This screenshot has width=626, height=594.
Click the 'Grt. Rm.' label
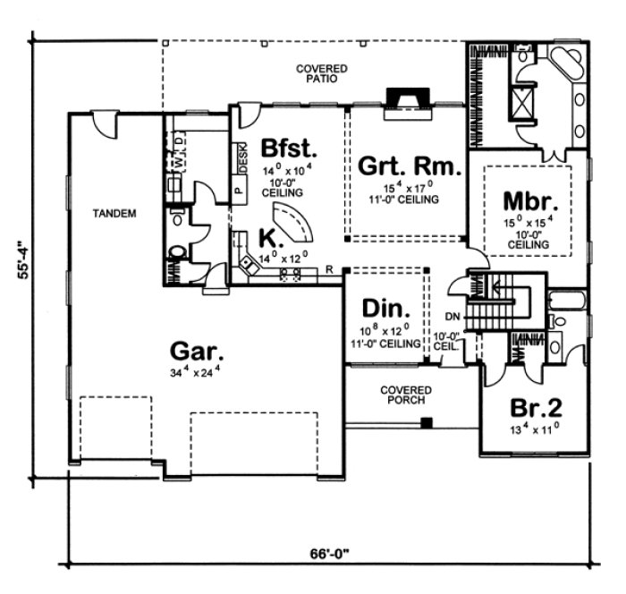coord(410,166)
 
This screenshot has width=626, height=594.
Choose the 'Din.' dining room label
coord(386,310)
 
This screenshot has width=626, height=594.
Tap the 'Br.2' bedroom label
coord(536,409)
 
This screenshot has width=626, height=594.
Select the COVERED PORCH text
coord(405,395)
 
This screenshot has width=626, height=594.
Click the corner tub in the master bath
coord(567,65)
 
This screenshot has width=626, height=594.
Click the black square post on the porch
coord(427,421)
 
